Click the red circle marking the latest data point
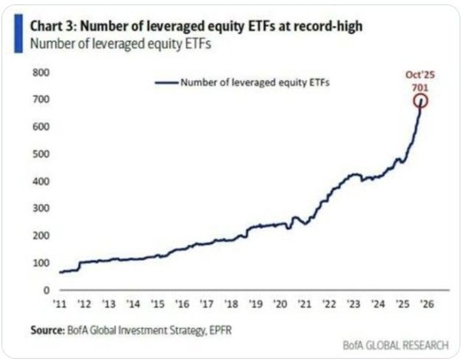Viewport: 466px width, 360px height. (x=421, y=101)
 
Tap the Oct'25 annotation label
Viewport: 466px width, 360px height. (x=420, y=75)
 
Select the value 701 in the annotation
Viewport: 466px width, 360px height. (x=420, y=86)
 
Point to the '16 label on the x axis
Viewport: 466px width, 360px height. (x=182, y=303)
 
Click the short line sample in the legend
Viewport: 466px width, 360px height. (x=166, y=82)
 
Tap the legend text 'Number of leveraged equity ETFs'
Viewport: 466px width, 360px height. (x=255, y=82)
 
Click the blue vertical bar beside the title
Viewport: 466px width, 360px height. (x=18, y=33)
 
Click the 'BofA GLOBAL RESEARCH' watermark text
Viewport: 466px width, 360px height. (x=396, y=345)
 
